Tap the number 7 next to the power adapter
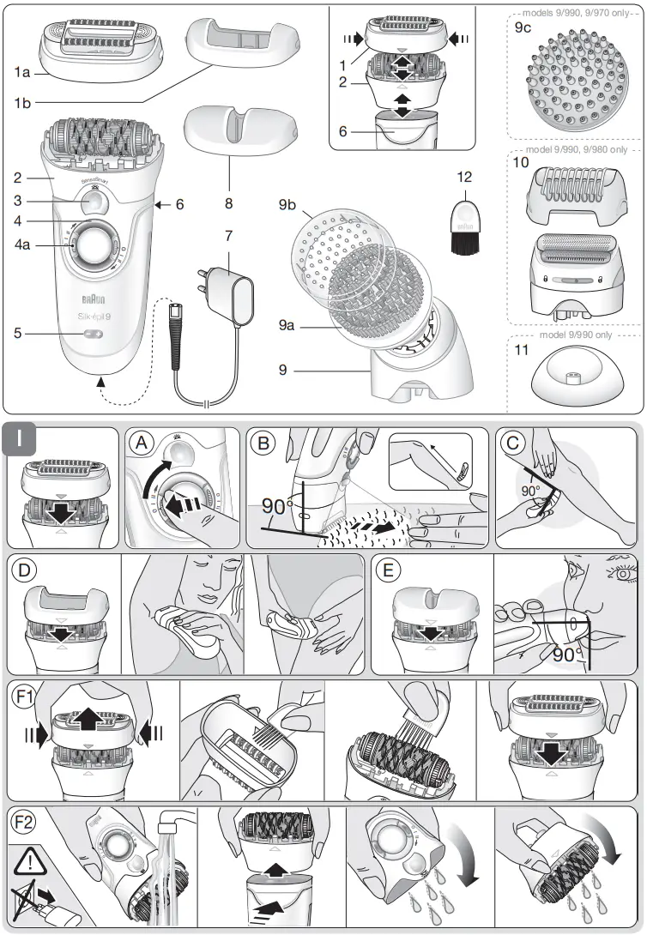pos(228,235)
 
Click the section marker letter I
pos(24,444)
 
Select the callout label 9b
pos(288,207)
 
